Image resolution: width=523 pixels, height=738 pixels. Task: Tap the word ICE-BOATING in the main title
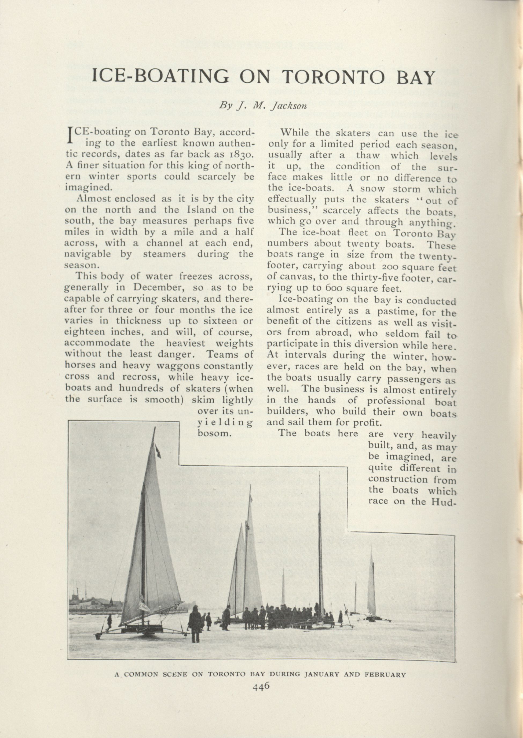pos(160,77)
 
